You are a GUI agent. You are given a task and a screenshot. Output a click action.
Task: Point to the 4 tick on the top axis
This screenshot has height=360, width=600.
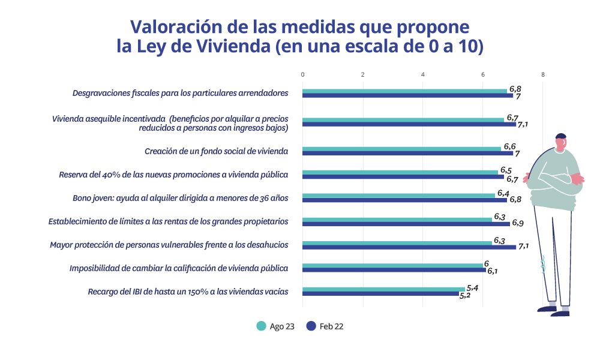coord(423,74)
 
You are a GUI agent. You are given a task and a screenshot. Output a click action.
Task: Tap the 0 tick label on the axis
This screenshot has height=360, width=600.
coord(302,74)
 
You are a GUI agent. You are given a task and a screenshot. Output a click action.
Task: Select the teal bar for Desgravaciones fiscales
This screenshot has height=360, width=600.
coord(404,91)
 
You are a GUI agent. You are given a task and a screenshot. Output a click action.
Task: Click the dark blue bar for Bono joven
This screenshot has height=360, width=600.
coord(404,200)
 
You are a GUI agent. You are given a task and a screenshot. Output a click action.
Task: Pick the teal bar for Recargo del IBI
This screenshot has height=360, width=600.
coord(383,289)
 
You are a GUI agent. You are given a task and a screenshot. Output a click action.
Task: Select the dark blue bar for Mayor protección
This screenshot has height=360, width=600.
coord(409,247)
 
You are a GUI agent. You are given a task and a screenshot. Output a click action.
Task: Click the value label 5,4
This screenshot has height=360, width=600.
coord(473,288)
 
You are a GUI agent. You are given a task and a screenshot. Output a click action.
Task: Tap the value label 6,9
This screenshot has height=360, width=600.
coord(517,223)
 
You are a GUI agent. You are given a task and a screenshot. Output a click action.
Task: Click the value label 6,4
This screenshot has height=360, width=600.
coord(503,193)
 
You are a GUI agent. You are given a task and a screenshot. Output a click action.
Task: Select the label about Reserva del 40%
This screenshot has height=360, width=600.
coord(174,175)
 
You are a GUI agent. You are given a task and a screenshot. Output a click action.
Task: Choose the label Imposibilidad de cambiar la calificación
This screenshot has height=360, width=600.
coord(179,268)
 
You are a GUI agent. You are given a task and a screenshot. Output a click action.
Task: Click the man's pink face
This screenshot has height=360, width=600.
coord(560,145)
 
